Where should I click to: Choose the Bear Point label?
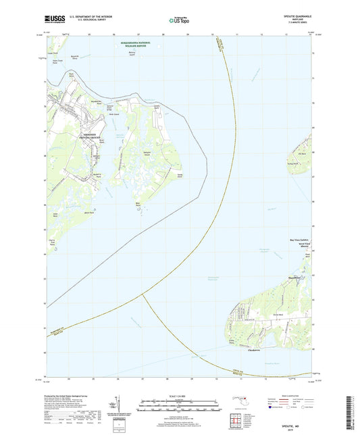pyautogui.click(x=138, y=202)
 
